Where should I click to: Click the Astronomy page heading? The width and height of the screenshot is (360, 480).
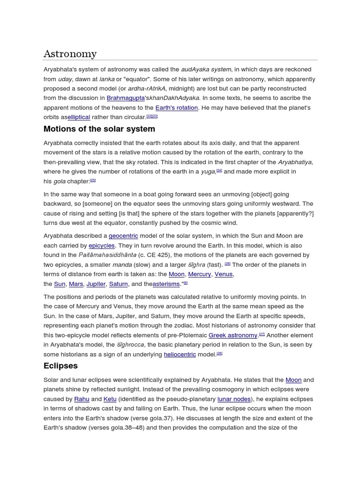coord(70,54)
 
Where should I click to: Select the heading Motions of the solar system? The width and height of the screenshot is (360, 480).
coord(99,129)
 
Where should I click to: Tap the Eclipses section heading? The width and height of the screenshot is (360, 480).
coord(60,366)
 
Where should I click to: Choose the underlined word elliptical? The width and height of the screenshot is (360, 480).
coord(79,117)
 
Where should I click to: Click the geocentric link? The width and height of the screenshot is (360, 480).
coord(123,236)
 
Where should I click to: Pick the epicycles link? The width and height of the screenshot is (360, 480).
coord(102,246)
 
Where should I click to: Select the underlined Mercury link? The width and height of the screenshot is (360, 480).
coord(199,274)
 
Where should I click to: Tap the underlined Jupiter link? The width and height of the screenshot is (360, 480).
coord(96,284)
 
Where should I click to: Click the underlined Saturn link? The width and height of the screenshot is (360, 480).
coord(118,284)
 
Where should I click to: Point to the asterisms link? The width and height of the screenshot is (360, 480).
coord(166,284)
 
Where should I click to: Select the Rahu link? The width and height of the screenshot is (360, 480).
coord(81,399)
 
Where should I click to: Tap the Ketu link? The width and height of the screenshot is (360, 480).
coord(110,399)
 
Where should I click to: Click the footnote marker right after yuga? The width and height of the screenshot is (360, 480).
coord(219,171)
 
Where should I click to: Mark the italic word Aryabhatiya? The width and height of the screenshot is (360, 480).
coord(295,162)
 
